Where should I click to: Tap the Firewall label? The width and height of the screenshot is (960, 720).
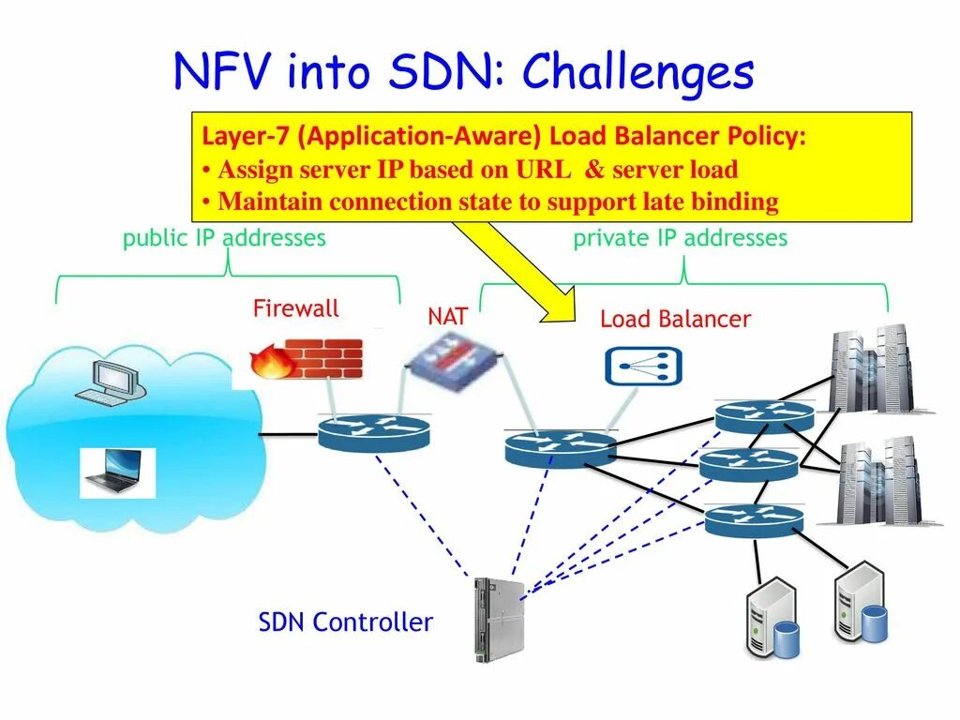point(295,308)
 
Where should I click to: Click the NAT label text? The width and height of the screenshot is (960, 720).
point(447,316)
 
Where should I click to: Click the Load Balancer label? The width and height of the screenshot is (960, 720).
point(675,319)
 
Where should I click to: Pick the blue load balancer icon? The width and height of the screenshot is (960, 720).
point(643,366)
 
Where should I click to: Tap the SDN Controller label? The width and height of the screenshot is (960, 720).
point(345,622)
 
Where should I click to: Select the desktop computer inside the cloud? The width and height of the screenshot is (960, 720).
point(111,380)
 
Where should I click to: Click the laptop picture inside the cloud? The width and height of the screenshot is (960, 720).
point(115,472)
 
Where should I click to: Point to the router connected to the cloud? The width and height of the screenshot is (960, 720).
point(373,433)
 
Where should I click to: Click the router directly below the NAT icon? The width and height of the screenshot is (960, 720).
point(560,447)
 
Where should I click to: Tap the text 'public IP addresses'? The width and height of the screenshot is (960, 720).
point(224,238)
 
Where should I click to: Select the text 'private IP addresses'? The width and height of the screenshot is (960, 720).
point(680,238)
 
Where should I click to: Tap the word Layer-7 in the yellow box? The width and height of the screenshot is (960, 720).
point(246,137)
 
